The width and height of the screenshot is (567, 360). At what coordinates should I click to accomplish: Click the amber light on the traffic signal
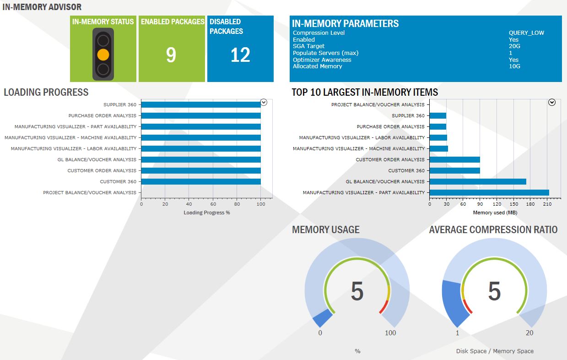click(x=103, y=55)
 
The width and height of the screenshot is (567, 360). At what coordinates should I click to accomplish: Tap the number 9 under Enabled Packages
click(x=171, y=55)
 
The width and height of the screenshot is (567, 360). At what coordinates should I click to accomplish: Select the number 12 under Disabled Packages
click(x=240, y=55)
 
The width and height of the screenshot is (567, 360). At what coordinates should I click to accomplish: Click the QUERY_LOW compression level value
click(x=526, y=33)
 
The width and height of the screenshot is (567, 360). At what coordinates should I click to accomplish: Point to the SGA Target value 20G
click(x=514, y=46)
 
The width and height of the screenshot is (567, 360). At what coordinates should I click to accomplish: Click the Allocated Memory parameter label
click(x=317, y=66)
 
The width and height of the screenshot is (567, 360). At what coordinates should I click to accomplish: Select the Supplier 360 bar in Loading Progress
click(x=201, y=104)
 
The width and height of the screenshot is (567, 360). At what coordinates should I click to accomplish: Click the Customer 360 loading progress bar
click(x=201, y=181)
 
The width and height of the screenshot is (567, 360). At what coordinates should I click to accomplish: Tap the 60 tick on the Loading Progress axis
click(x=213, y=204)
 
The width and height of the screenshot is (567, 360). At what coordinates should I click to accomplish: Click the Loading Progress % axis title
click(x=207, y=213)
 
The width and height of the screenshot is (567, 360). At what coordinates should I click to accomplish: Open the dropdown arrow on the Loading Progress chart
click(x=264, y=103)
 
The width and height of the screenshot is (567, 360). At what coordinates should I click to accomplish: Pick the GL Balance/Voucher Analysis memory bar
click(x=478, y=181)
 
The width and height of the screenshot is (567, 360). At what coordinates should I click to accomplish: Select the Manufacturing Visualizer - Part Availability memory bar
click(x=489, y=192)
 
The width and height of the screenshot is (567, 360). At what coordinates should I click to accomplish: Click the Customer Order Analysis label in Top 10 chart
click(x=390, y=159)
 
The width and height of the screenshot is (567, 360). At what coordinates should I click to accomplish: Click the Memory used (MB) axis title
click(x=495, y=213)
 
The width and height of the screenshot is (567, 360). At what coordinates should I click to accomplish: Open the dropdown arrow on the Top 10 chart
click(x=552, y=103)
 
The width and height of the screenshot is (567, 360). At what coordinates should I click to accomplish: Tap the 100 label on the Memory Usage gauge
click(x=390, y=333)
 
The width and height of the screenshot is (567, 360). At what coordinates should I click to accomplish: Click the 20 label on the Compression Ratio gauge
click(x=529, y=333)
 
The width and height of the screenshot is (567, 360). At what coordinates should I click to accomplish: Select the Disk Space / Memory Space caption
click(x=495, y=351)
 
